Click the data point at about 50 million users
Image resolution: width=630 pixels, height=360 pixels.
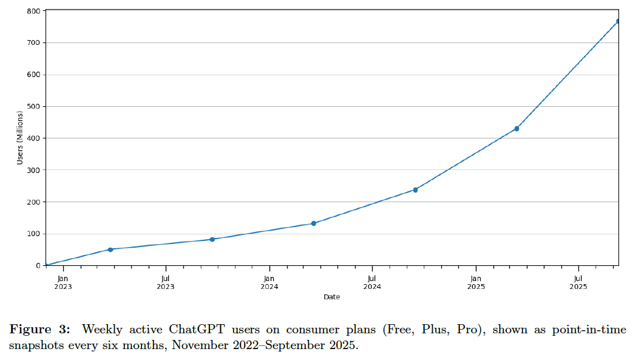click(110, 250)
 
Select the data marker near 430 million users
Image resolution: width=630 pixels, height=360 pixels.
click(517, 129)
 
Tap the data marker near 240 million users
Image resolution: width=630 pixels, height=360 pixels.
click(415, 190)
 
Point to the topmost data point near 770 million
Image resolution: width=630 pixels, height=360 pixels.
click(618, 21)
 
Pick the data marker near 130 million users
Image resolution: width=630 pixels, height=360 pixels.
click(313, 223)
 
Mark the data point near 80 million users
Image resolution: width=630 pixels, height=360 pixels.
click(212, 239)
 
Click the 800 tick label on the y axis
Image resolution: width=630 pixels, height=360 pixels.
click(33, 12)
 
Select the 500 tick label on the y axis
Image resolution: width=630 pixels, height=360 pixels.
click(33, 107)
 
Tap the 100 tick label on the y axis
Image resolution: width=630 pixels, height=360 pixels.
click(33, 234)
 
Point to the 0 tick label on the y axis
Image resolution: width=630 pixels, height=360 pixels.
click(38, 265)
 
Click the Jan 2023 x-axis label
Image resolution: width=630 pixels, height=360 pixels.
click(63, 283)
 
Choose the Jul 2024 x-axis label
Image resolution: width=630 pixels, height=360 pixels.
click(372, 283)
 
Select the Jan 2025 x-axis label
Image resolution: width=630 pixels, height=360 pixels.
click(476, 283)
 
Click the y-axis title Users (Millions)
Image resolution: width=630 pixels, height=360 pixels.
click(20, 138)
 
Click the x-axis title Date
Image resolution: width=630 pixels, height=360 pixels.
click(331, 297)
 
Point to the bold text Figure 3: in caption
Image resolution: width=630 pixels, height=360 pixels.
click(39, 330)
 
